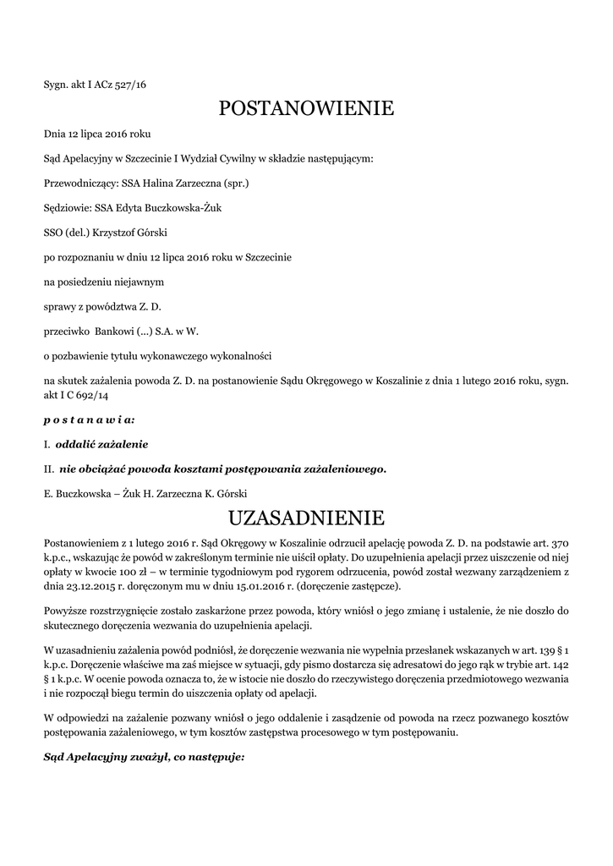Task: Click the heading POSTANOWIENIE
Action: (306, 108)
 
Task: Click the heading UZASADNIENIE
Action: (306, 517)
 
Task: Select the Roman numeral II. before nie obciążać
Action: (49, 469)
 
